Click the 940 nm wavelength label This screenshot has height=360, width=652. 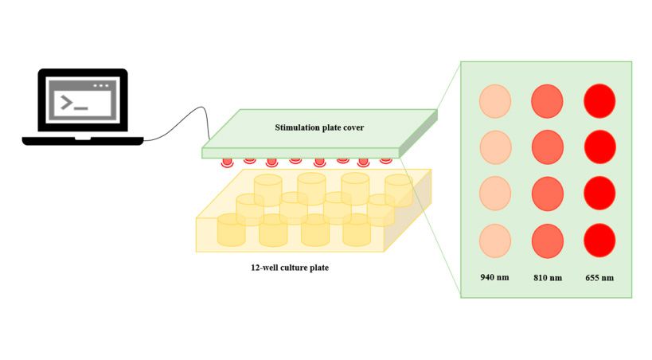click(x=493, y=278)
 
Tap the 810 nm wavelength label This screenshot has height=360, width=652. click(x=547, y=278)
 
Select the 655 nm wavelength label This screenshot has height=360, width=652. click(x=600, y=278)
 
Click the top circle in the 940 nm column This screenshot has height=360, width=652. click(x=494, y=100)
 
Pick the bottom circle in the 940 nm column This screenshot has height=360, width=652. click(x=494, y=239)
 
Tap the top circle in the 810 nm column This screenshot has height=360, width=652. click(x=547, y=100)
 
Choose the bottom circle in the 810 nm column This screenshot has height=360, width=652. click(x=547, y=239)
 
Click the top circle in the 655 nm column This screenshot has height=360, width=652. click(x=600, y=100)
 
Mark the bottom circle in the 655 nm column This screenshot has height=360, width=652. click(x=600, y=239)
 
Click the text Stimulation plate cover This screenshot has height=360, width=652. click(x=318, y=127)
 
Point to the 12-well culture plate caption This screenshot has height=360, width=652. click(x=290, y=268)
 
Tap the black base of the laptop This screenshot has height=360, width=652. click(x=83, y=141)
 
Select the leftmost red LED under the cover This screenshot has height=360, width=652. click(x=227, y=162)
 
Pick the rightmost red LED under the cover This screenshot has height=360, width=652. click(x=386, y=159)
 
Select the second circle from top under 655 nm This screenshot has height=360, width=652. click(x=600, y=147)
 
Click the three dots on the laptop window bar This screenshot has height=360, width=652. click(x=100, y=85)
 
